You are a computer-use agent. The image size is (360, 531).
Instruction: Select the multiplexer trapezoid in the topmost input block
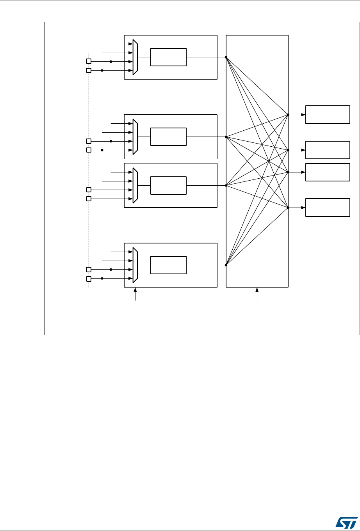pos(135,57)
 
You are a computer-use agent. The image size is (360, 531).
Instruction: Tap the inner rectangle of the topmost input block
pos(169,57)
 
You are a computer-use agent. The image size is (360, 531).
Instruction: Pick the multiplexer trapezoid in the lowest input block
pos(135,265)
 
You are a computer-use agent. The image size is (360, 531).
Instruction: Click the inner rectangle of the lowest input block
pos(169,265)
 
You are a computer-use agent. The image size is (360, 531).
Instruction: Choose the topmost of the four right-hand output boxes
pos(327,115)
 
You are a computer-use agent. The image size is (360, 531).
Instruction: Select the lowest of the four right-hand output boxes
pos(327,208)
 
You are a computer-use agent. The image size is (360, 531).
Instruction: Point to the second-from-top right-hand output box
pos(327,150)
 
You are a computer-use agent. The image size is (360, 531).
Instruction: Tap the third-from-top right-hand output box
pos(327,172)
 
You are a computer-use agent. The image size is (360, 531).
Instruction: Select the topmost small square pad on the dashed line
pos(89,61)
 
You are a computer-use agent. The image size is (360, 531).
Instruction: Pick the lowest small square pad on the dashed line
pos(89,279)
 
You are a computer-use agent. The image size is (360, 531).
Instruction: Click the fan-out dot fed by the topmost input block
pos(226,57)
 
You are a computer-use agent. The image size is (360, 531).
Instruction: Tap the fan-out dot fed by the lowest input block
pos(226,265)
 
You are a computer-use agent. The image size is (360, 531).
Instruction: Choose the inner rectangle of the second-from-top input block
pos(169,137)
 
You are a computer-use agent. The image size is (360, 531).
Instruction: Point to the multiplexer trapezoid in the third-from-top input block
pos(135,185)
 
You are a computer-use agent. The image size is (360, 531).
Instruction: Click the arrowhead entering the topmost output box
pos(303,115)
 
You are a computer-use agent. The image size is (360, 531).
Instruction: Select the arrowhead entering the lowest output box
pos(303,208)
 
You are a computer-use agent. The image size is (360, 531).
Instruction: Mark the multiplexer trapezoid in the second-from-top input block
pos(135,137)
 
